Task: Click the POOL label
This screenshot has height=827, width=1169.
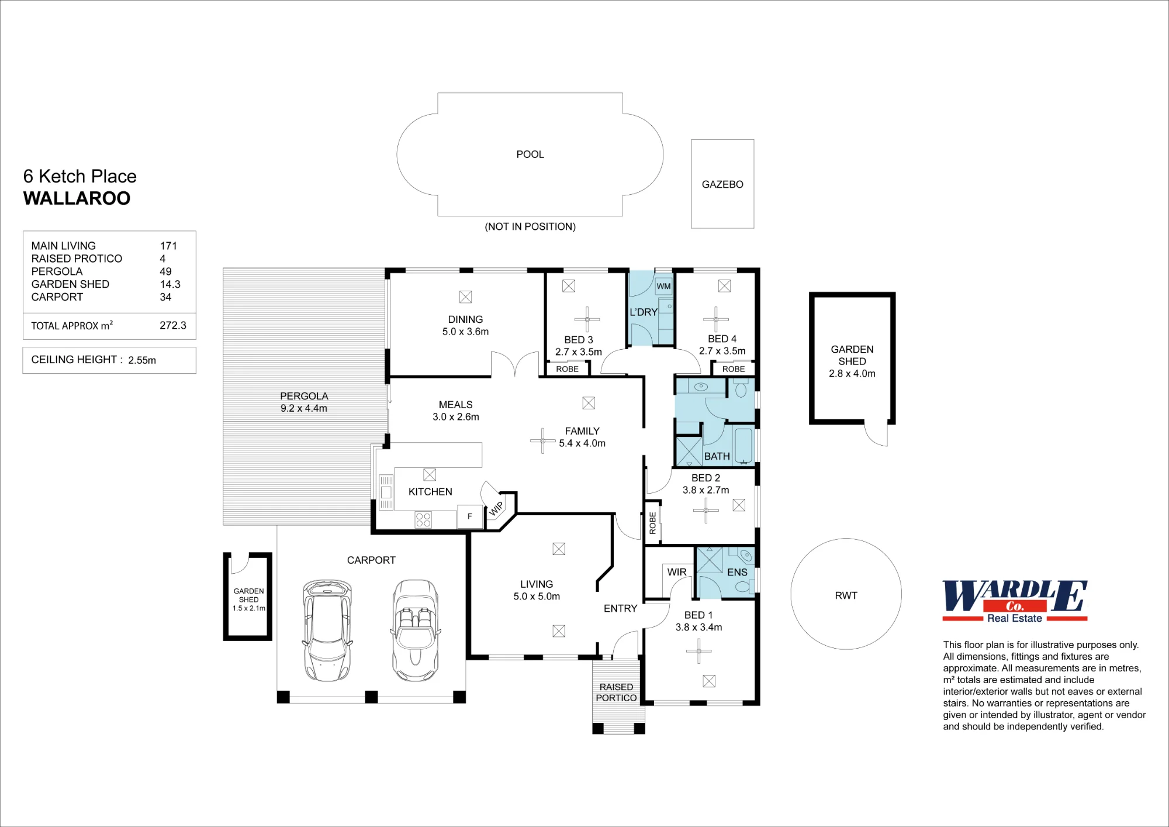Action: (x=530, y=154)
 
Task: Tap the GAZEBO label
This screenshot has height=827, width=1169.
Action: (x=722, y=184)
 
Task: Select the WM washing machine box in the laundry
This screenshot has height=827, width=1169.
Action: (x=663, y=286)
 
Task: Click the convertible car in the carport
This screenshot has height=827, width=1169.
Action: (x=415, y=630)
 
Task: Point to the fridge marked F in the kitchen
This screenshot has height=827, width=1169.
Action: (x=469, y=516)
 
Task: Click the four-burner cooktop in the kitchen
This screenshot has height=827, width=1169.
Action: (x=423, y=519)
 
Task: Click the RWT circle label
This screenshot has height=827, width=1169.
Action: (x=846, y=595)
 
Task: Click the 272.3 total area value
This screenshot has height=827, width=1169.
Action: (x=173, y=326)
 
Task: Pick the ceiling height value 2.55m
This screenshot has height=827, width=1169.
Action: (x=142, y=360)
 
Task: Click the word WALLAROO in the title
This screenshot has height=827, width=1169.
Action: (x=77, y=198)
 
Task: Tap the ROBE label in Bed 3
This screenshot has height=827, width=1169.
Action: (x=568, y=369)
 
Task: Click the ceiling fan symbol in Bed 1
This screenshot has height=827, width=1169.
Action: (x=699, y=651)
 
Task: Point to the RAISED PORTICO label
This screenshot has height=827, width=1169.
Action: (x=617, y=692)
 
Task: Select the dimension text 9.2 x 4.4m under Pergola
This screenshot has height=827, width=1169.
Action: (x=304, y=408)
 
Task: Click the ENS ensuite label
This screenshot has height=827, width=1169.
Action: (x=737, y=572)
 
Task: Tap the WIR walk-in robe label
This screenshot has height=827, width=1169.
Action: (x=677, y=572)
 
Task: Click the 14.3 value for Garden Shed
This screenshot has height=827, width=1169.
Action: (x=170, y=284)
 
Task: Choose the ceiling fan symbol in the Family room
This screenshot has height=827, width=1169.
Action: (x=543, y=440)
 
